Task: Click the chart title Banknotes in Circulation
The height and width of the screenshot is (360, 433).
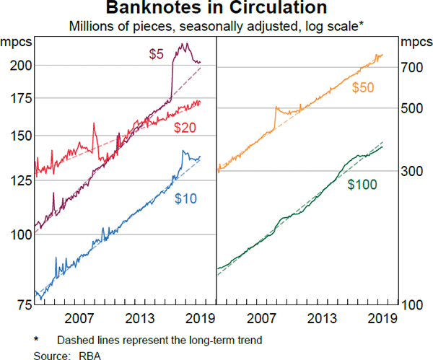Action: point(216,9)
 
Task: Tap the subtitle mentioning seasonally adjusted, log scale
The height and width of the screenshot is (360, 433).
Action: point(216,27)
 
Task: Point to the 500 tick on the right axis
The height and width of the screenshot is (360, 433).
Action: point(414,108)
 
